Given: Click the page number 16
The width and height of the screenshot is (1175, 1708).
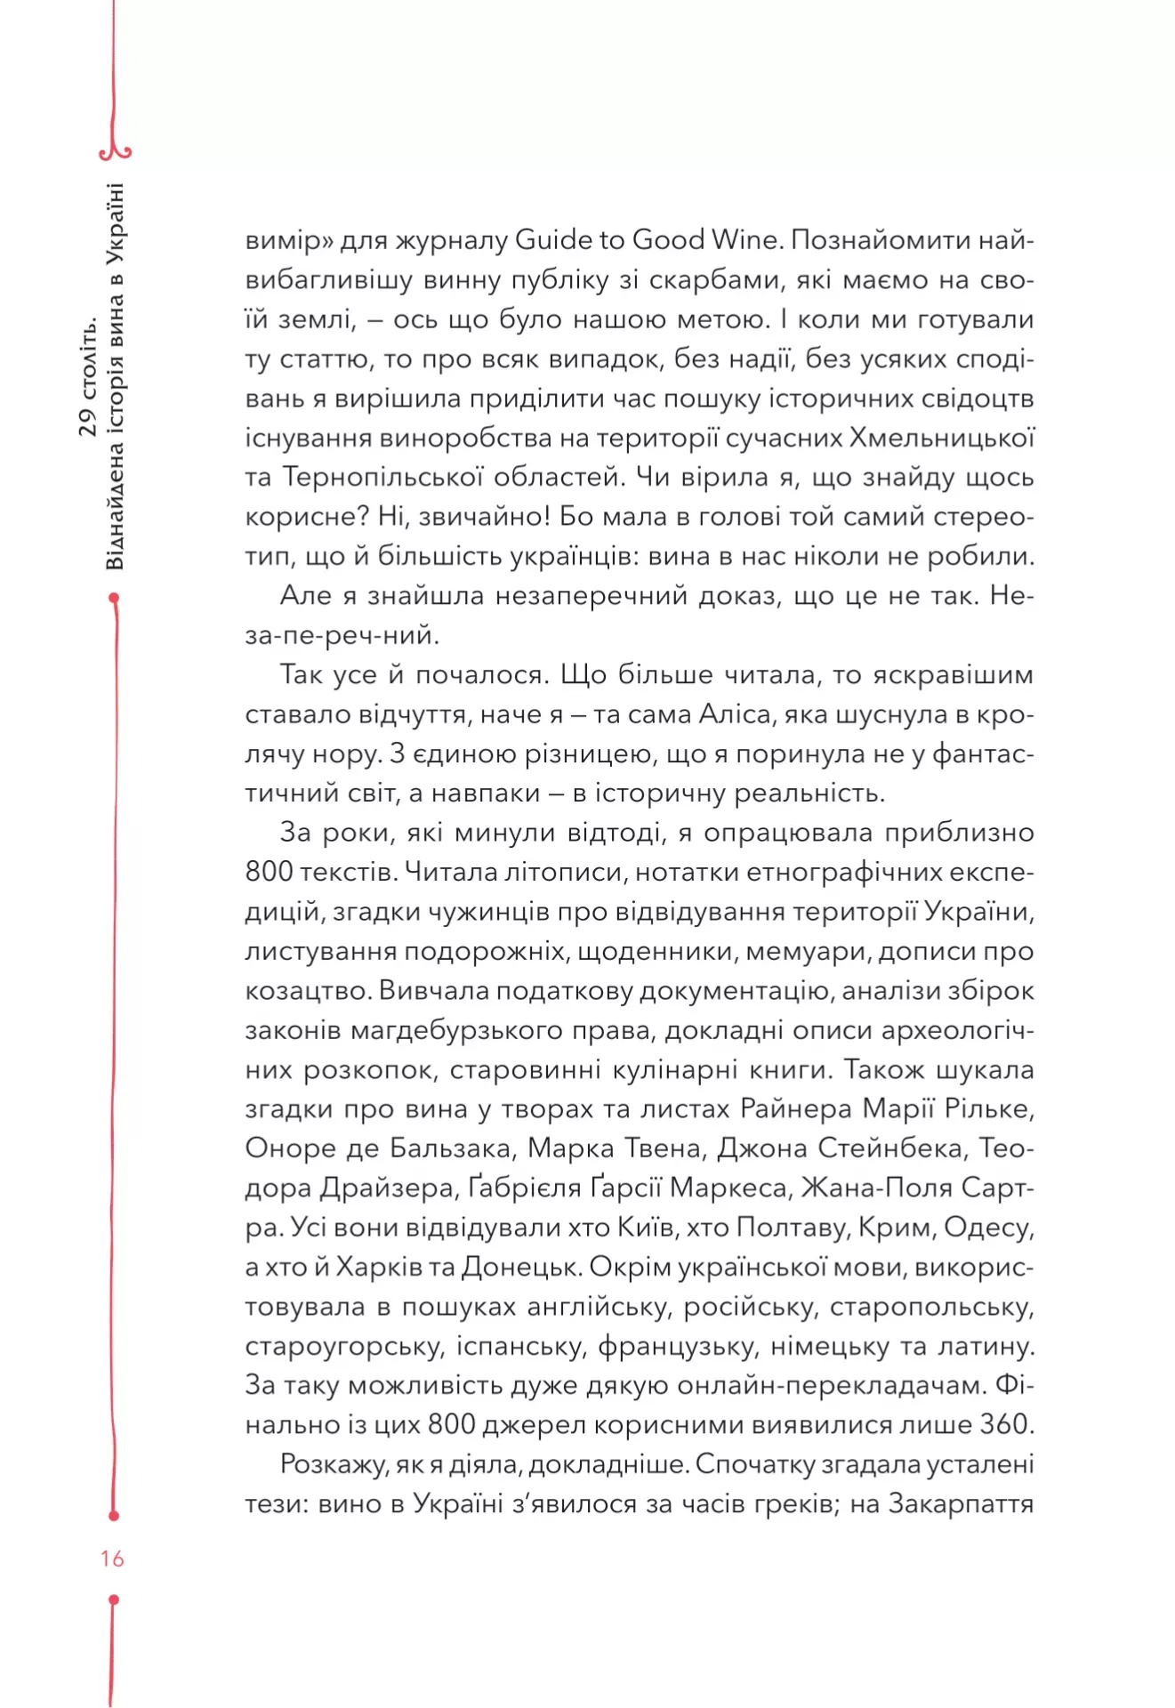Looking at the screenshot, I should (x=112, y=1558).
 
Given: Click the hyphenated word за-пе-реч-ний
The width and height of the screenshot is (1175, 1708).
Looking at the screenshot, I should (x=342, y=635).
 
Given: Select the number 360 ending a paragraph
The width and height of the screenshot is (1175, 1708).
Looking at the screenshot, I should (x=1004, y=1424).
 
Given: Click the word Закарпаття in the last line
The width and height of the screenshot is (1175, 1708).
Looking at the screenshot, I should (x=961, y=1503).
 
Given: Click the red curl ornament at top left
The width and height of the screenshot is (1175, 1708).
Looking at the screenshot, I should (x=116, y=152).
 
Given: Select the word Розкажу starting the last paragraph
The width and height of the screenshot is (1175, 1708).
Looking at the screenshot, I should (x=332, y=1464).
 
